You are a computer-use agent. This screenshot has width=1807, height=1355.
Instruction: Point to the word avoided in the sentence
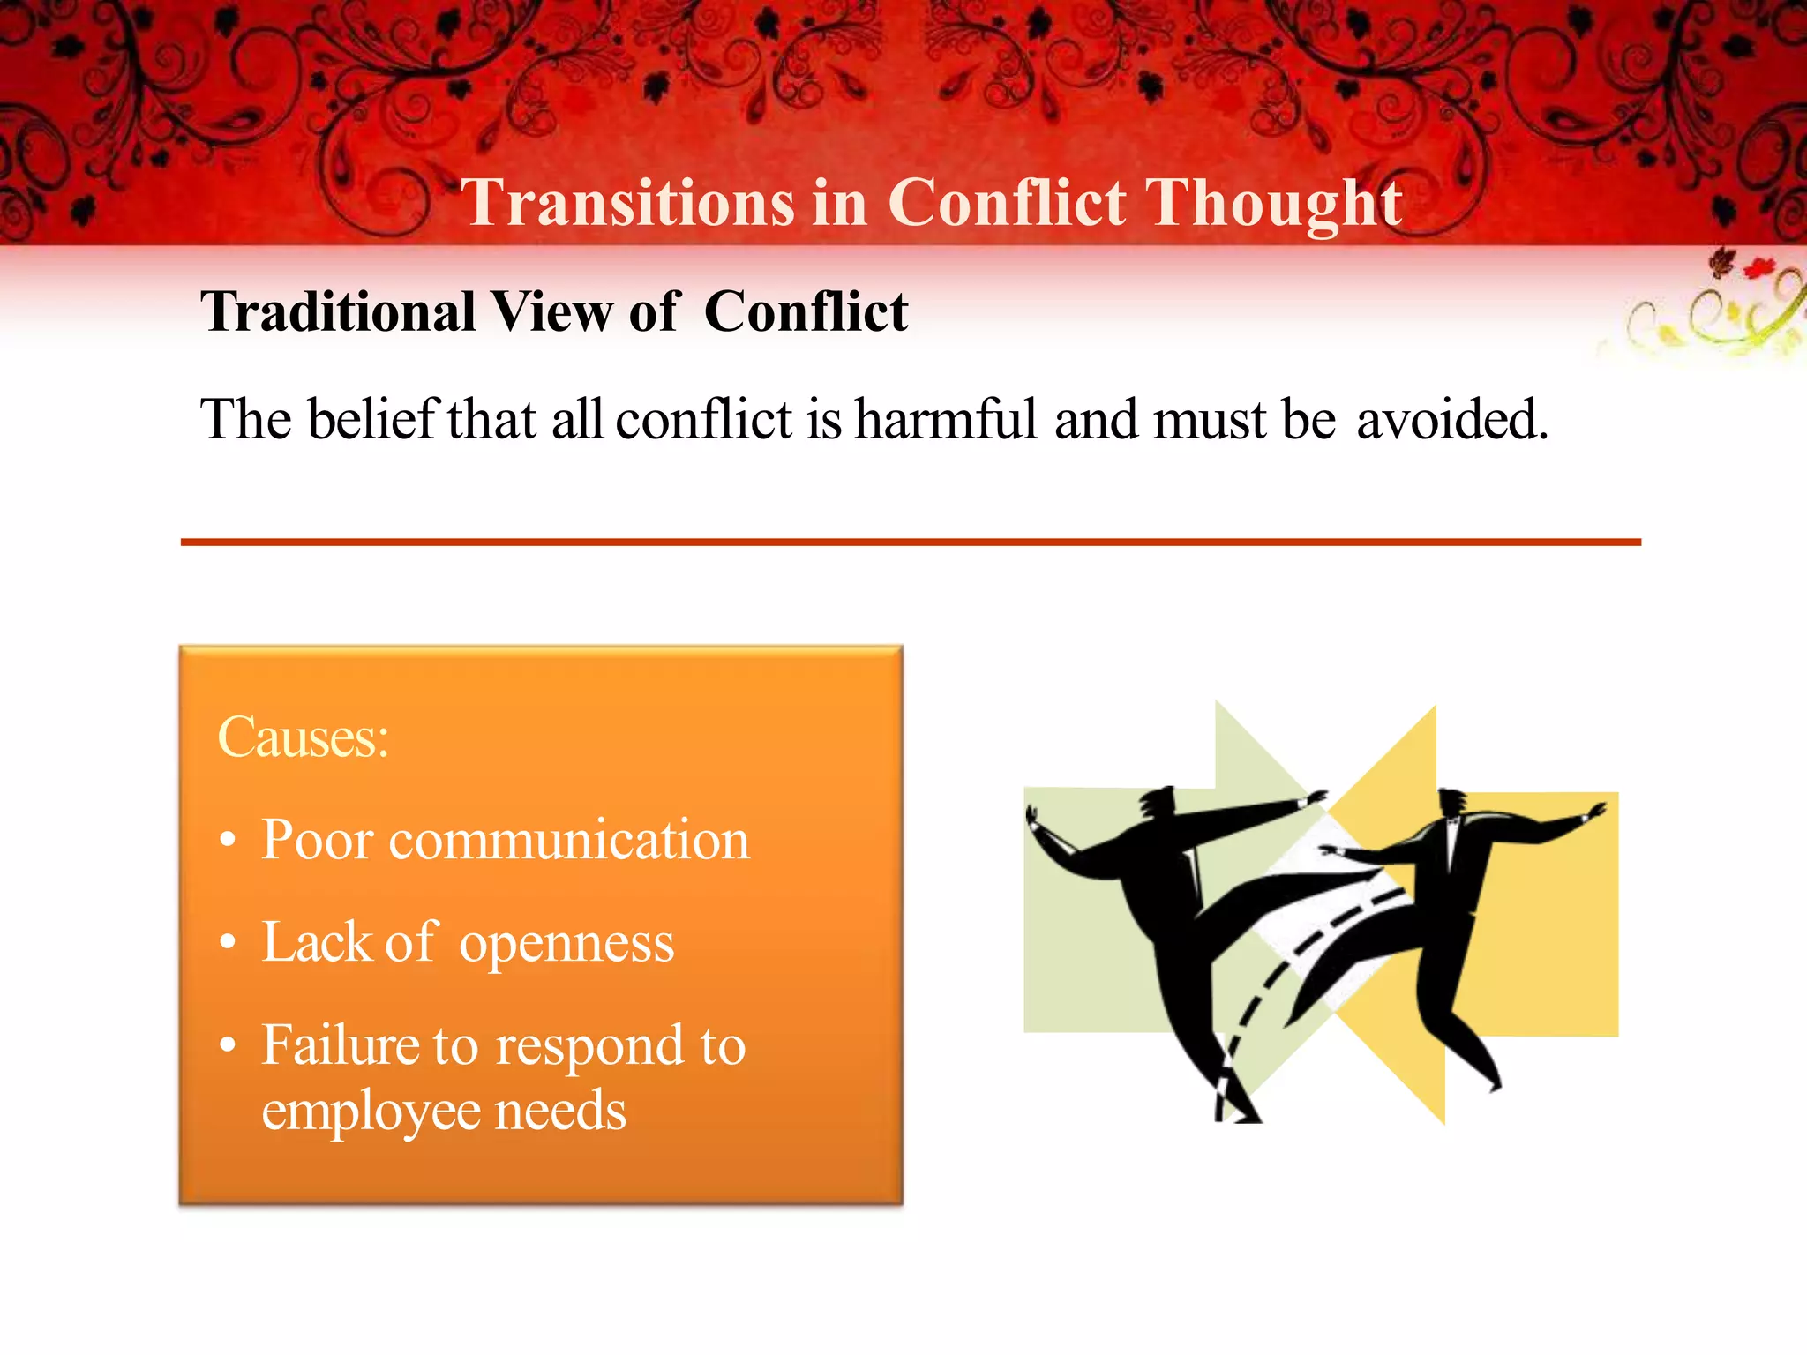[1451, 420]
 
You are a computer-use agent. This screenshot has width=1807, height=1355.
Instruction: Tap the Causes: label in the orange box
[303, 737]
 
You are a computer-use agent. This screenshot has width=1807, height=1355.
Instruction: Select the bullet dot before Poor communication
[229, 841]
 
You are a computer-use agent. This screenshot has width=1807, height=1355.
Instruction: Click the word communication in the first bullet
[569, 840]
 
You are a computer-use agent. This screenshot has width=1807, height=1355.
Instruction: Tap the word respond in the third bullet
[589, 1047]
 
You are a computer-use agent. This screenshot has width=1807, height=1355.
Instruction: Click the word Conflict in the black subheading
[806, 312]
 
